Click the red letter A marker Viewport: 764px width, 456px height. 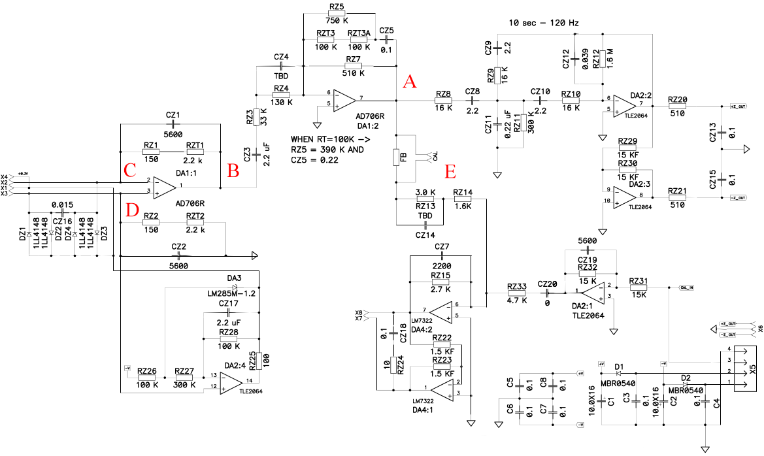(x=409, y=82)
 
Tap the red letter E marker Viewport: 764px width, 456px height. (x=449, y=171)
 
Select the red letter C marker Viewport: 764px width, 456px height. (x=129, y=171)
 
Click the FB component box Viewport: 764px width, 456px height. (x=396, y=157)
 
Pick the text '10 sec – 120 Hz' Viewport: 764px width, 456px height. (x=543, y=23)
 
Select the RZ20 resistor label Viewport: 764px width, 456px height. (x=677, y=99)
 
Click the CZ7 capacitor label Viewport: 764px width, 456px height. (x=442, y=247)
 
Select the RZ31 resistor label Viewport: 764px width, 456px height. (x=639, y=282)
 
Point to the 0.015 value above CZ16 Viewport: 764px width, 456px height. (x=62, y=204)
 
